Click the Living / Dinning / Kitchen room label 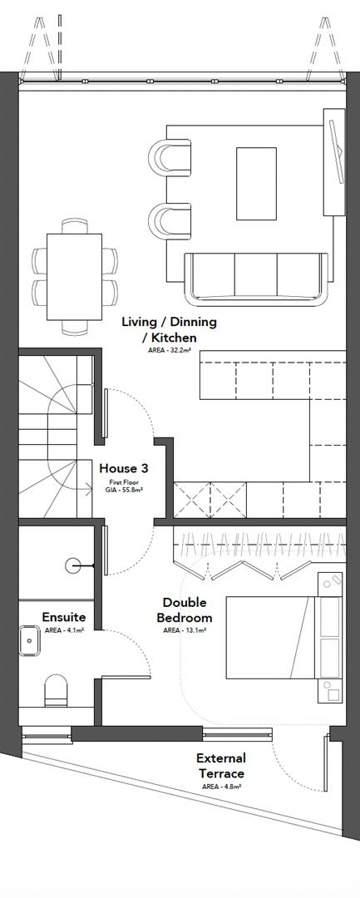169,329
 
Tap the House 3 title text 123,469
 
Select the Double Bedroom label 187,609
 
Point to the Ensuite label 62,617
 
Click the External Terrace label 220,765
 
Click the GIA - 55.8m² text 123,491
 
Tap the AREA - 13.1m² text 185,630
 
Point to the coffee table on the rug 256,184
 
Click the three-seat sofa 255,277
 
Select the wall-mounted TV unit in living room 336,162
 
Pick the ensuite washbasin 32,641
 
